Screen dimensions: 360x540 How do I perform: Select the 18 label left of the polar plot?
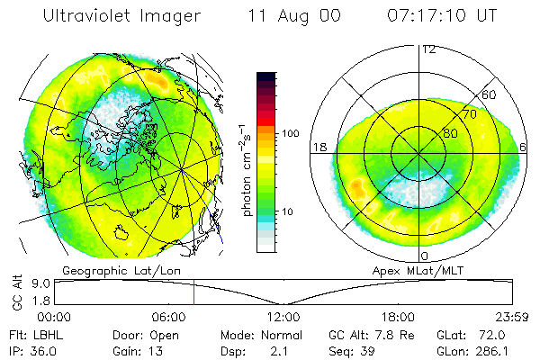(318, 147)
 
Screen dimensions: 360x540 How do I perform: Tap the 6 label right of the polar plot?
(525, 147)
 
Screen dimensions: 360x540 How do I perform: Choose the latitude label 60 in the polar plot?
(490, 94)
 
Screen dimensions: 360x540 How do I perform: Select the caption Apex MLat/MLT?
(417, 269)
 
